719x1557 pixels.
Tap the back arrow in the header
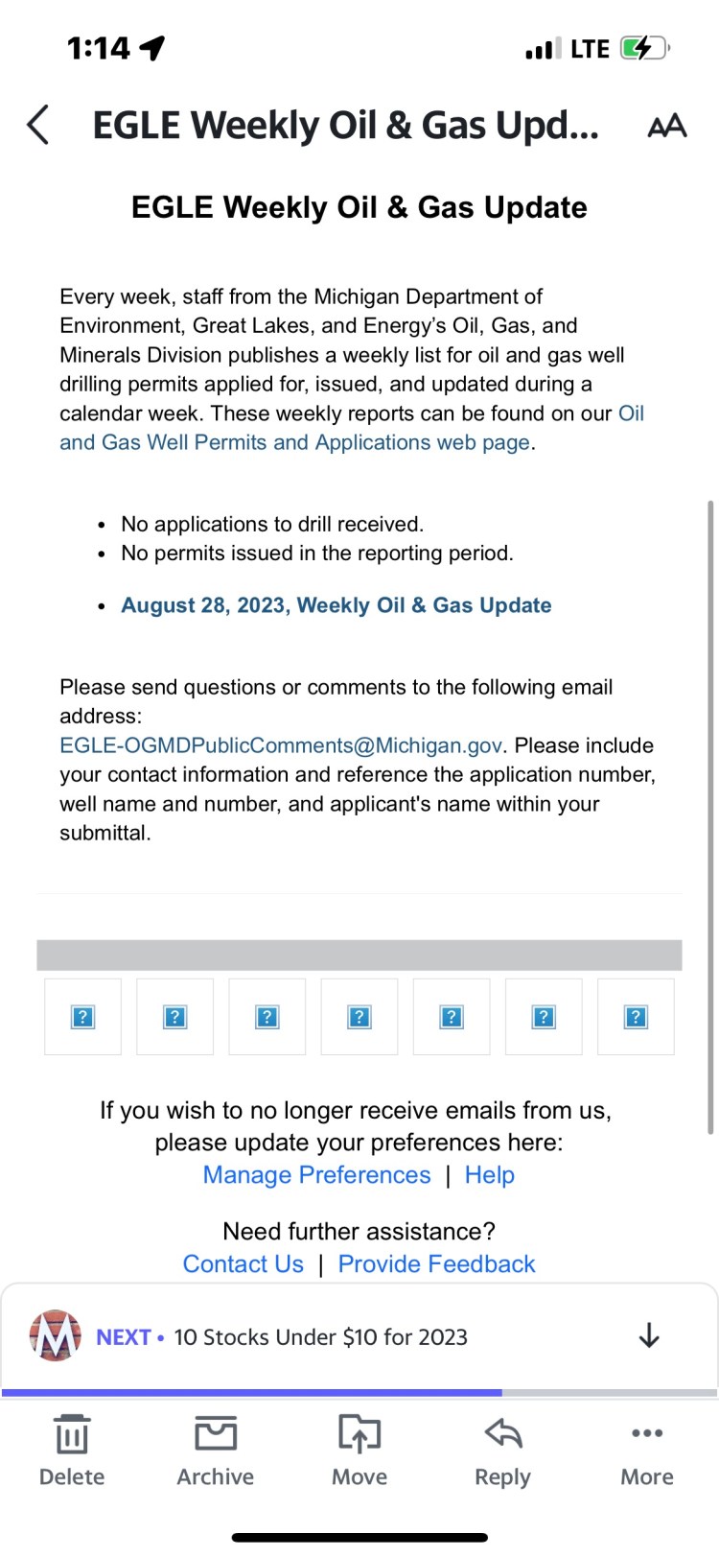click(x=38, y=125)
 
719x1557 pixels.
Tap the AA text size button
click(x=667, y=126)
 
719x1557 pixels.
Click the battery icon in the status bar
click(x=643, y=48)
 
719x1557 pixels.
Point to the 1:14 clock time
click(x=98, y=48)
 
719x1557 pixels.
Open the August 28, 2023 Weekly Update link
click(x=336, y=605)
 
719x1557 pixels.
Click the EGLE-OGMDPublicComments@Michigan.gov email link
click(x=281, y=745)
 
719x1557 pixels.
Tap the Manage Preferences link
click(x=316, y=1175)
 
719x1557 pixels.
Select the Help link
click(x=490, y=1175)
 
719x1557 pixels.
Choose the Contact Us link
click(x=243, y=1264)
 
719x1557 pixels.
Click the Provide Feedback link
click(x=436, y=1264)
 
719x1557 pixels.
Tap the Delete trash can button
click(x=72, y=1450)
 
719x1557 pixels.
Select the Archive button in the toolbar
click(x=216, y=1450)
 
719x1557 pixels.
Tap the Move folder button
click(x=359, y=1450)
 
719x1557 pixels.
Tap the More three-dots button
click(x=647, y=1450)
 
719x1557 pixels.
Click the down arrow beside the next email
click(x=649, y=1335)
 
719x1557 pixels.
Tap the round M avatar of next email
click(x=55, y=1335)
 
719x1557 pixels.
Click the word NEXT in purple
click(x=124, y=1337)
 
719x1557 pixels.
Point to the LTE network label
click(x=590, y=49)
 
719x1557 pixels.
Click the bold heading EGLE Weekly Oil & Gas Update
click(x=359, y=207)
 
